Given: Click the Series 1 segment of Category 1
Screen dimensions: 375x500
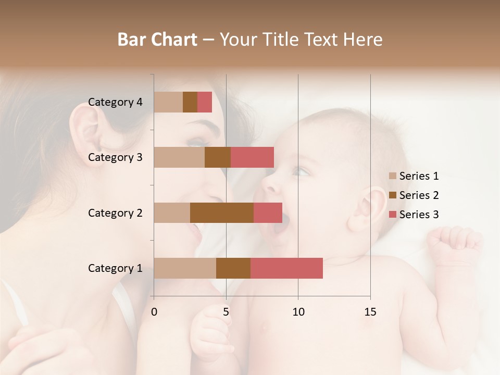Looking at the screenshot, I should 185,268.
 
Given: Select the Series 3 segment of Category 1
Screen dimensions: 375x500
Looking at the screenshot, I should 286,268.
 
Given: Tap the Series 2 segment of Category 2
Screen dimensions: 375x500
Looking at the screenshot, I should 222,213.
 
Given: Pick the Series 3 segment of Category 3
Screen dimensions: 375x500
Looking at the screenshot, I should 252,157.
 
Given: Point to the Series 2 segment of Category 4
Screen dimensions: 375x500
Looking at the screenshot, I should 190,102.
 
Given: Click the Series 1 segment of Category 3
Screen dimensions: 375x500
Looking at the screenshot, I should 179,157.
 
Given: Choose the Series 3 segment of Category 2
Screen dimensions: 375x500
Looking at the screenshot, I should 268,213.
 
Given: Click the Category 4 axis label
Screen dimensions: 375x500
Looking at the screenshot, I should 115,102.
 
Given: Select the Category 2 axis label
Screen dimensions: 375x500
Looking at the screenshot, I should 115,213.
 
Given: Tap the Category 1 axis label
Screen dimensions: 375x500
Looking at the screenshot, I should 115,268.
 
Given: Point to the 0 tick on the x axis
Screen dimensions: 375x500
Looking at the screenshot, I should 154,312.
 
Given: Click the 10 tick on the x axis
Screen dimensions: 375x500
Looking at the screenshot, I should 298,312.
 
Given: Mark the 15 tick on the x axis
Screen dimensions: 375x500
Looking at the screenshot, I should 370,312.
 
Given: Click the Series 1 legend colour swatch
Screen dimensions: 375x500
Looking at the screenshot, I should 392,176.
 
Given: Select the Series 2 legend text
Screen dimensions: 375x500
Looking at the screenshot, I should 419,195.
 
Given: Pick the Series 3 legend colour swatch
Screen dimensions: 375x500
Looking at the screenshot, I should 392,215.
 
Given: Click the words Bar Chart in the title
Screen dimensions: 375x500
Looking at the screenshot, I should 157,40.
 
